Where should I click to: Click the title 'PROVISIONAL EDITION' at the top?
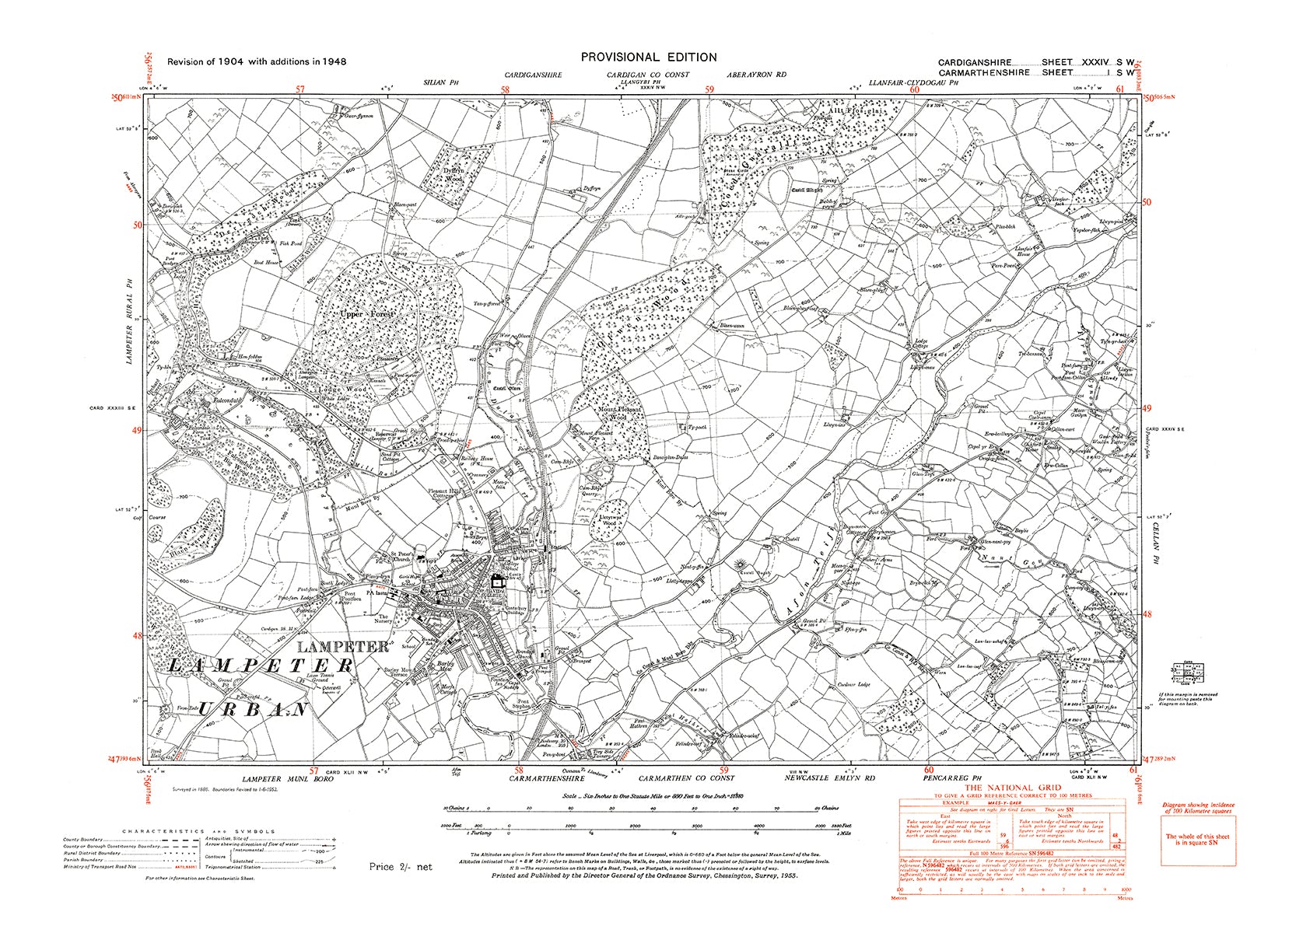coord(649,57)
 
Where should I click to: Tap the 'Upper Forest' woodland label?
coord(367,314)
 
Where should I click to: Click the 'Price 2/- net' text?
coord(400,866)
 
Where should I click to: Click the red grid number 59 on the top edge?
coord(709,89)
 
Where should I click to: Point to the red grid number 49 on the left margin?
coord(138,431)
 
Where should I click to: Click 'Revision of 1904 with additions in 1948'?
coord(257,61)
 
